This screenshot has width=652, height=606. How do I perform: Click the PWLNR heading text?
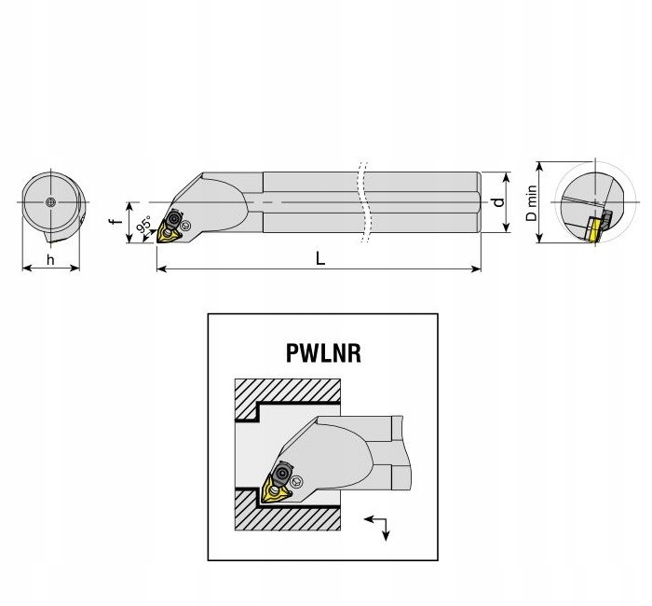322,354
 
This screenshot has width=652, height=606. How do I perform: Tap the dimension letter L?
319,259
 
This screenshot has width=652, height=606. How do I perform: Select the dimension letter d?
499,200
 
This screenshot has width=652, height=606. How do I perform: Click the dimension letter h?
50,258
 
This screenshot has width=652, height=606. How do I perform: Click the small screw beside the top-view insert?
188,225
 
